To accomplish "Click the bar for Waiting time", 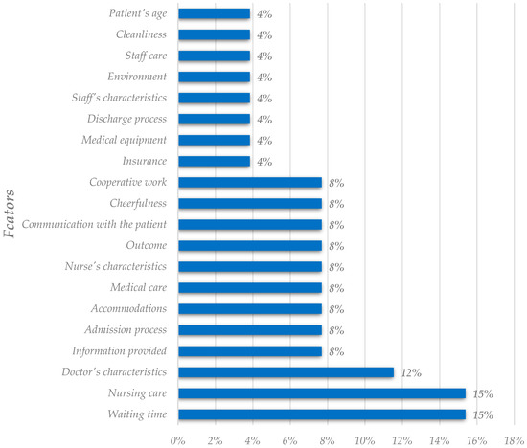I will click(x=321, y=414).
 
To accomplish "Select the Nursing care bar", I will click(x=321, y=393).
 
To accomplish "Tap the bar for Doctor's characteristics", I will click(x=286, y=372).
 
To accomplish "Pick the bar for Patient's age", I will click(x=214, y=14).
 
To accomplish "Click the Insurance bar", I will click(x=214, y=162).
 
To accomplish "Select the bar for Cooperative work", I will click(x=249, y=183).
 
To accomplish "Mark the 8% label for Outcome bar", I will click(x=335, y=247).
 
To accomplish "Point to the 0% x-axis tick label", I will click(x=177, y=438).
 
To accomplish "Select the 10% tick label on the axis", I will click(x=364, y=438).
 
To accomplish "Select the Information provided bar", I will click(x=249, y=351).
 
